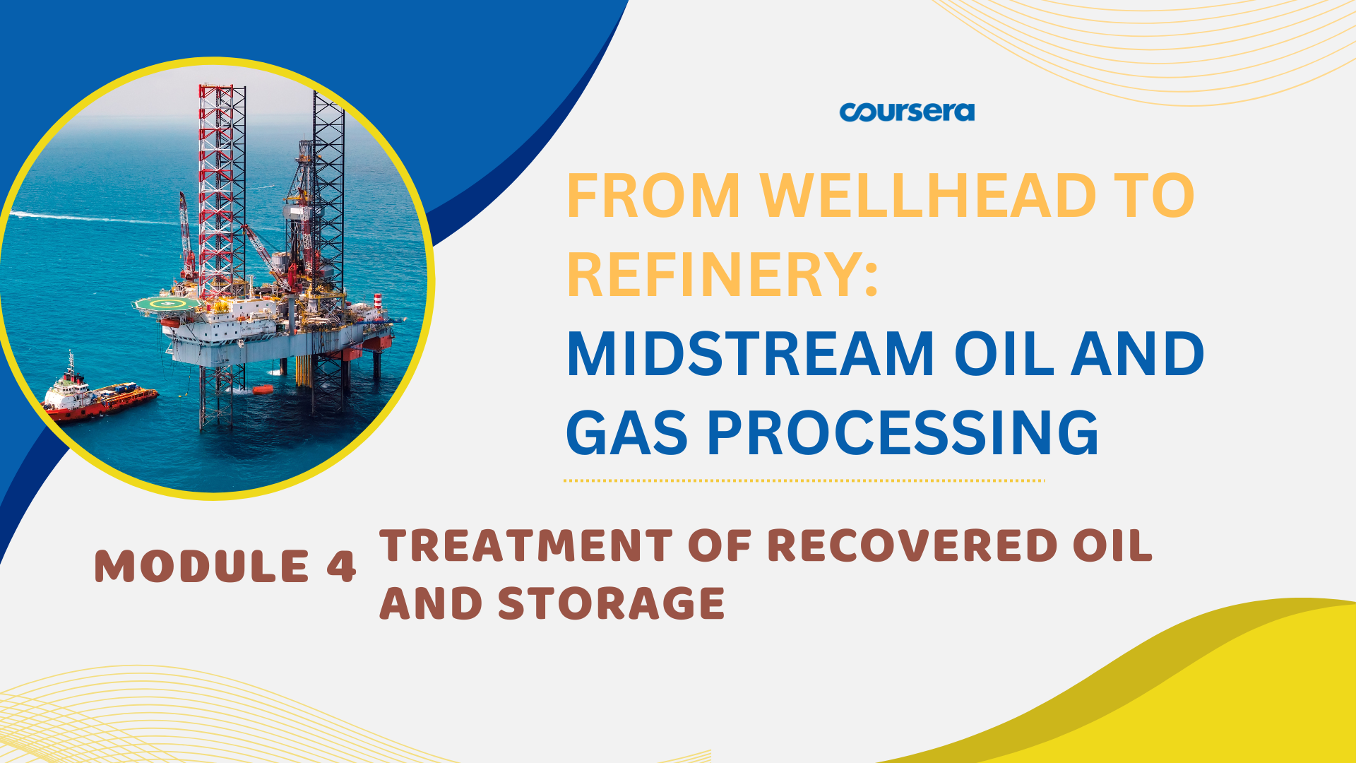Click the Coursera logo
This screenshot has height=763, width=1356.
pos(907,112)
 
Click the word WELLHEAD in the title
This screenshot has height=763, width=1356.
pos(927,196)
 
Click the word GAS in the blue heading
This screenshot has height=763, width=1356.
pos(626,433)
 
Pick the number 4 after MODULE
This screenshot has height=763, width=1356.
pos(342,567)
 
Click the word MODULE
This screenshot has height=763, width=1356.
pos(202,567)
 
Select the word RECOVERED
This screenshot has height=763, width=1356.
pos(912,545)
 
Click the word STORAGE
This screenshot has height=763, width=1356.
pos(612,603)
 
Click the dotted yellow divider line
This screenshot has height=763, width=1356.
pos(804,480)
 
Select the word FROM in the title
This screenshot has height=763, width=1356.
pos(653,196)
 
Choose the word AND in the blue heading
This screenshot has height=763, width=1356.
pos(1138,354)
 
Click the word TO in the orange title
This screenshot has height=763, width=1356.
pos(1154,196)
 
